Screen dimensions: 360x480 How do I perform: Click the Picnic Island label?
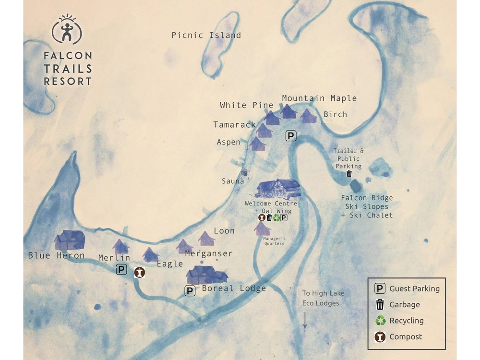point(206,36)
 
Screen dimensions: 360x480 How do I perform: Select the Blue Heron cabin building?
point(70,240)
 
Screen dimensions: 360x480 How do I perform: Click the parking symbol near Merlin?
point(121,270)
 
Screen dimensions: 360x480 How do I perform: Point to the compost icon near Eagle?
point(139,272)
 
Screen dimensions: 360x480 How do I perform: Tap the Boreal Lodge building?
point(207,275)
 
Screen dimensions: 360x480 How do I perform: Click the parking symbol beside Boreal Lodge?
point(190,290)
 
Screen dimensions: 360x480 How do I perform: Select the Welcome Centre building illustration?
point(278,189)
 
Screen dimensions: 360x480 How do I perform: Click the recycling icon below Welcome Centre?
point(276,217)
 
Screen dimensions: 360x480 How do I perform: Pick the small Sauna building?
point(245,172)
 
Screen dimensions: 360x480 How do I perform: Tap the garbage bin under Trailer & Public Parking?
point(349,174)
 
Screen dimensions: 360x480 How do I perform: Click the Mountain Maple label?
point(319,98)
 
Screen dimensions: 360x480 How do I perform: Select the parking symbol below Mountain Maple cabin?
point(291,136)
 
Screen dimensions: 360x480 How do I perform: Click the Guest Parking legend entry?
point(408,288)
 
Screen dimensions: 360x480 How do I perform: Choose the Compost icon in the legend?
point(380,337)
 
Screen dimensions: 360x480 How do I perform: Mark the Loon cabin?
point(206,238)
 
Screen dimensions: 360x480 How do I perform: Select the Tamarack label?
point(234,125)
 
